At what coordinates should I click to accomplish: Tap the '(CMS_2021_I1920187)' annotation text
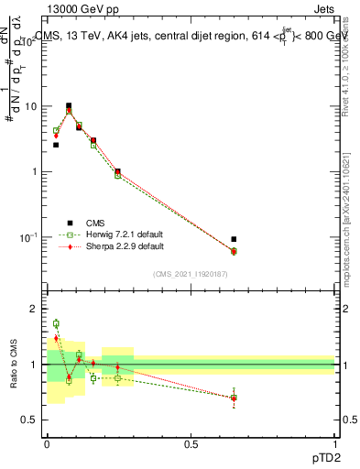pos(191,274)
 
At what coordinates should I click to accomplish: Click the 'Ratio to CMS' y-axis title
pos(14,364)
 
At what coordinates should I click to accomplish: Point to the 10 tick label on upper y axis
pos(29,106)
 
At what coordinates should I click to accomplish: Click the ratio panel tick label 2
pos(34,310)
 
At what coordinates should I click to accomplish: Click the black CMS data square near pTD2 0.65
pos(234,240)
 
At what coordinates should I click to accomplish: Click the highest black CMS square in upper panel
pos(69,106)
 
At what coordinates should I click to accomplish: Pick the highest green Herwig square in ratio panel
pos(56,323)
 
